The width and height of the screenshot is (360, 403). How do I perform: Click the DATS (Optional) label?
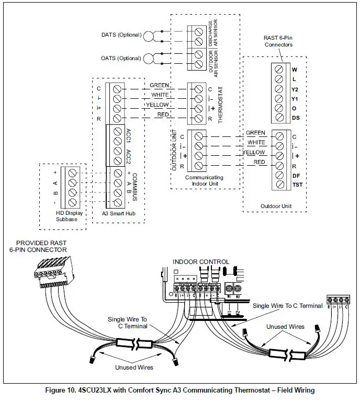tap(121, 35)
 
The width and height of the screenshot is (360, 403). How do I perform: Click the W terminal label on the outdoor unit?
tap(295, 69)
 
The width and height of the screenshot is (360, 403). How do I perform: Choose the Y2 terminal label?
tap(295, 89)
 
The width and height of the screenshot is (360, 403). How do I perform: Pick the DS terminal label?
tap(296, 118)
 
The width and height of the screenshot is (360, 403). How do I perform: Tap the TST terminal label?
tap(297, 186)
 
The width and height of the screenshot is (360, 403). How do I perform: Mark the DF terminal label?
tap(296, 176)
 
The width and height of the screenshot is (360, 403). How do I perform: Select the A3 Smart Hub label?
tap(116, 213)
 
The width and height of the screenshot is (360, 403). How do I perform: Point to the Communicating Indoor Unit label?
tap(204, 181)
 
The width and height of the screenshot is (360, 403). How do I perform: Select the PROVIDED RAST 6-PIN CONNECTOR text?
tap(41, 247)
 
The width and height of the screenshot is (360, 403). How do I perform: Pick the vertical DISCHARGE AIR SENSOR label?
tap(209, 32)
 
